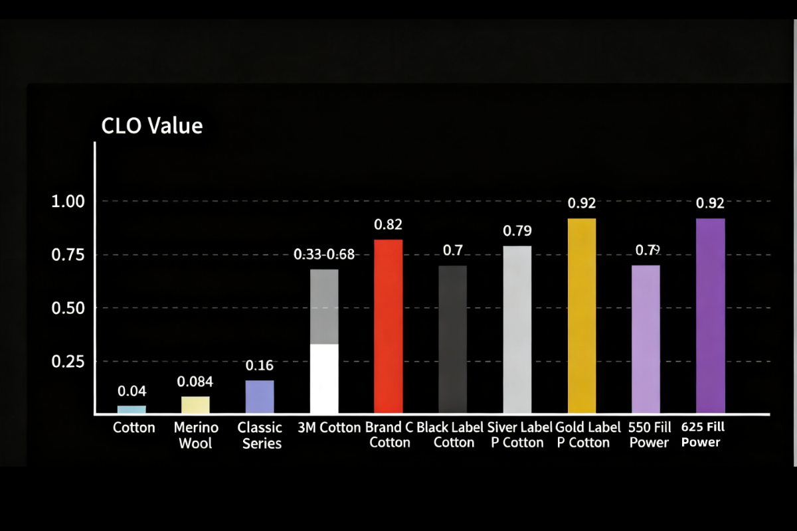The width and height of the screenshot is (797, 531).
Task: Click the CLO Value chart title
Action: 151,125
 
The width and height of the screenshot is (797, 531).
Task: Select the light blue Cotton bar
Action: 132,410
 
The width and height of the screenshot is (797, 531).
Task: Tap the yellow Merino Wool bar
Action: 195,405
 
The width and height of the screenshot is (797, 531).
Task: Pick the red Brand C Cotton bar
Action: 389,326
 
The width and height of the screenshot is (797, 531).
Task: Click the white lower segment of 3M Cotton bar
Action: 324,378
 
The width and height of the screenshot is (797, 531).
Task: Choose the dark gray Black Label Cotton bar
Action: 453,339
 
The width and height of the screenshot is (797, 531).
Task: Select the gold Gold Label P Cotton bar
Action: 582,315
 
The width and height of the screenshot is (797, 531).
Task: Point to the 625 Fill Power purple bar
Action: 710,315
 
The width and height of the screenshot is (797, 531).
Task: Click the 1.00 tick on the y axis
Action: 69,201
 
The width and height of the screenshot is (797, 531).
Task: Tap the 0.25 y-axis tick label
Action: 69,362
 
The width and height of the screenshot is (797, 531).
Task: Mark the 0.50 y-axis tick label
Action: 69,308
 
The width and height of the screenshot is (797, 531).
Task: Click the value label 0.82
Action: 389,224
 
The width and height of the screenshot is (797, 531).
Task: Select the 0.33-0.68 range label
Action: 325,254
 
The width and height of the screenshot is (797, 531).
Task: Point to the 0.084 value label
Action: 195,382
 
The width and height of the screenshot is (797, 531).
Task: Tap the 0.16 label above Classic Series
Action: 260,366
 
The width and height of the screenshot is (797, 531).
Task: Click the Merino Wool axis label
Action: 195,435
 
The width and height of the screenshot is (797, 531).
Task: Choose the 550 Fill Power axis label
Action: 649,435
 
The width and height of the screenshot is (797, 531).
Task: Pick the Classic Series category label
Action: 260,435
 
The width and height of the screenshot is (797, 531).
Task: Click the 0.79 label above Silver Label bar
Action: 517,231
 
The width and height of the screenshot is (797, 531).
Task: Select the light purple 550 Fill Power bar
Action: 646,339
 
